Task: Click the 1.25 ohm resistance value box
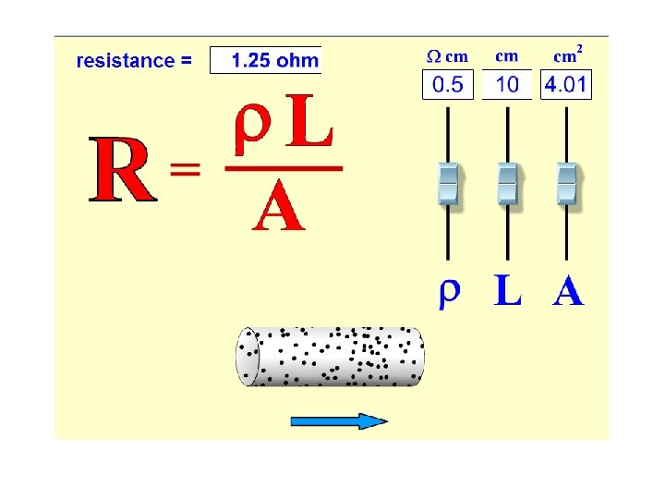click(x=266, y=61)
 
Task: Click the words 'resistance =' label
click(x=134, y=61)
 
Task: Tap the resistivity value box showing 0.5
click(x=448, y=85)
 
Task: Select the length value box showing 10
click(x=507, y=85)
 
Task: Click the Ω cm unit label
click(x=447, y=56)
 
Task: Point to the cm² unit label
click(x=567, y=55)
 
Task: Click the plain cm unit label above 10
click(x=507, y=56)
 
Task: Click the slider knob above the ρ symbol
click(x=448, y=183)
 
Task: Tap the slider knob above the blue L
click(x=507, y=183)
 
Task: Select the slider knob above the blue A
click(x=566, y=183)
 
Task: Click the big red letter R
click(x=120, y=171)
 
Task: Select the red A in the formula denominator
click(x=277, y=208)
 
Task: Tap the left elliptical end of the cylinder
click(x=248, y=357)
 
